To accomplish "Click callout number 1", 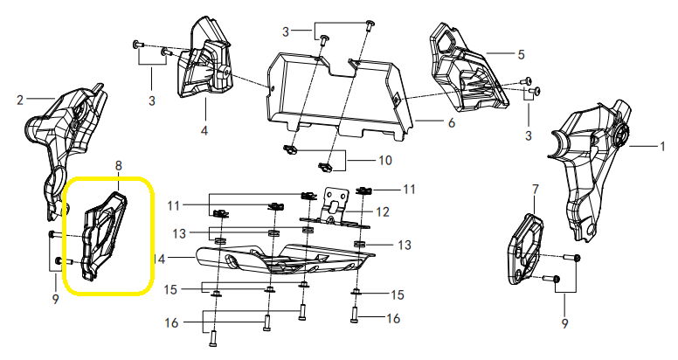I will point(661,145).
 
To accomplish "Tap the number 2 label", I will point(18,100).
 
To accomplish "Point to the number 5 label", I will point(521,54).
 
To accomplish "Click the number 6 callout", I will point(451,123).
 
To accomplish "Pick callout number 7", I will point(535,188).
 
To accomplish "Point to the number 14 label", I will point(158,259).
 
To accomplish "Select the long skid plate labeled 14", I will point(280,262).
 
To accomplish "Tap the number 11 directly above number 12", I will point(409,189).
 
